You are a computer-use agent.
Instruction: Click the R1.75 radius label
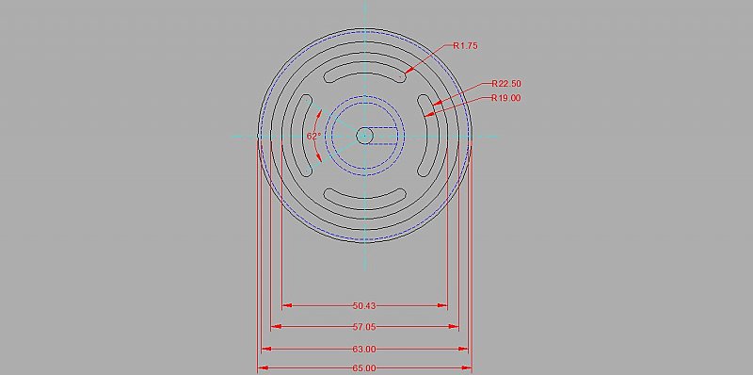tap(466, 45)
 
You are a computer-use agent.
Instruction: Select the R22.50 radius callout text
tap(505, 84)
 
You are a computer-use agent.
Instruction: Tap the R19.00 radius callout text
tap(505, 98)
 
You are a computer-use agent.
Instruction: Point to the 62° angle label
tap(313, 136)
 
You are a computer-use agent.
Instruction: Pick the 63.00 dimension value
tap(364, 349)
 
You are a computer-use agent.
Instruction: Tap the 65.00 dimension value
tap(364, 367)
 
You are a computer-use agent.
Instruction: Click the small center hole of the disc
tap(365, 136)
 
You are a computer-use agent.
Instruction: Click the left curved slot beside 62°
tap(300, 136)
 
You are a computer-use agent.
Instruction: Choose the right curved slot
tap(429, 136)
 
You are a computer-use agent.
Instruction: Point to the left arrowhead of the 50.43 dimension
tap(287, 305)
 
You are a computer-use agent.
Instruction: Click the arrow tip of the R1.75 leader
tap(407, 73)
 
